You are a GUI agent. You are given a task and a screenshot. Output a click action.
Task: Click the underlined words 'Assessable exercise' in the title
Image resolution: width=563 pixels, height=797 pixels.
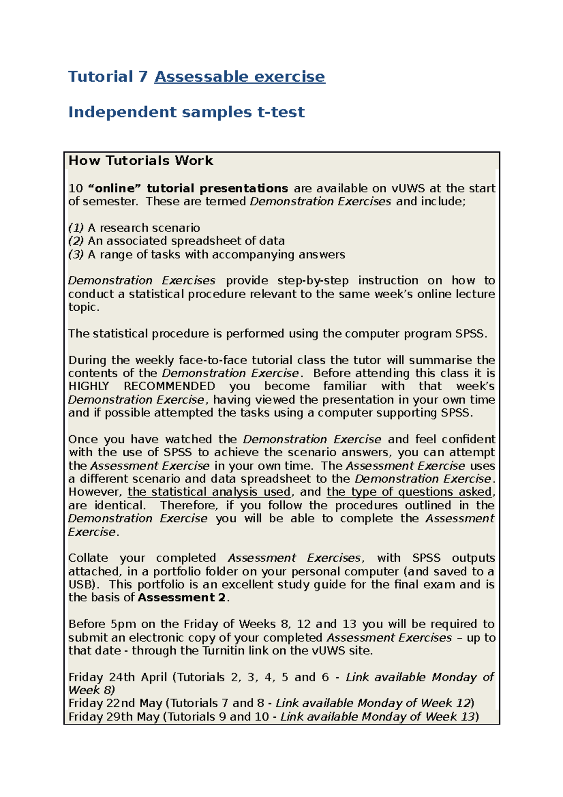point(239,77)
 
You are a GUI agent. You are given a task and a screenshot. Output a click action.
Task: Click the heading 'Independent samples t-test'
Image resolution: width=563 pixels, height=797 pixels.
point(186,112)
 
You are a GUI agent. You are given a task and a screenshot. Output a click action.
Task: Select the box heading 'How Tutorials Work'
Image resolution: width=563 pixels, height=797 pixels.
point(141,161)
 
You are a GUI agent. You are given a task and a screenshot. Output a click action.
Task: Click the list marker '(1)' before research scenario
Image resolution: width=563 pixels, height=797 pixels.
point(76,228)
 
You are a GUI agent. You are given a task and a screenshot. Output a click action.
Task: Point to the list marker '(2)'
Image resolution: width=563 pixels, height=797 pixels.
point(76,241)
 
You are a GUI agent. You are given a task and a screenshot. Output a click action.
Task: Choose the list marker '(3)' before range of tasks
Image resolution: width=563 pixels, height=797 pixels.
point(76,254)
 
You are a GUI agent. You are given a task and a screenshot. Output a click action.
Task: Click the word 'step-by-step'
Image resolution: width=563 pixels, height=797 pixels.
point(313,281)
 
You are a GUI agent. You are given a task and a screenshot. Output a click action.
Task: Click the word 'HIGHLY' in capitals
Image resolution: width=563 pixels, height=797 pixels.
point(89,386)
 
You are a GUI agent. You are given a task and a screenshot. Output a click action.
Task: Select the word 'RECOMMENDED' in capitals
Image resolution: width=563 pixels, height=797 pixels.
point(169,386)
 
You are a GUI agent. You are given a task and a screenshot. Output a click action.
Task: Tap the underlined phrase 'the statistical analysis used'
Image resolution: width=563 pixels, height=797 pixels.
point(209,492)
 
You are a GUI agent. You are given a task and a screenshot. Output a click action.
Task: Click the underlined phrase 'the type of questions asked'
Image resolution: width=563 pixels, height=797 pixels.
point(410,492)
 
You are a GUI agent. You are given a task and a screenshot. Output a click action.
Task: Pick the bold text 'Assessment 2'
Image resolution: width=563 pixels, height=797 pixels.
point(182,598)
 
